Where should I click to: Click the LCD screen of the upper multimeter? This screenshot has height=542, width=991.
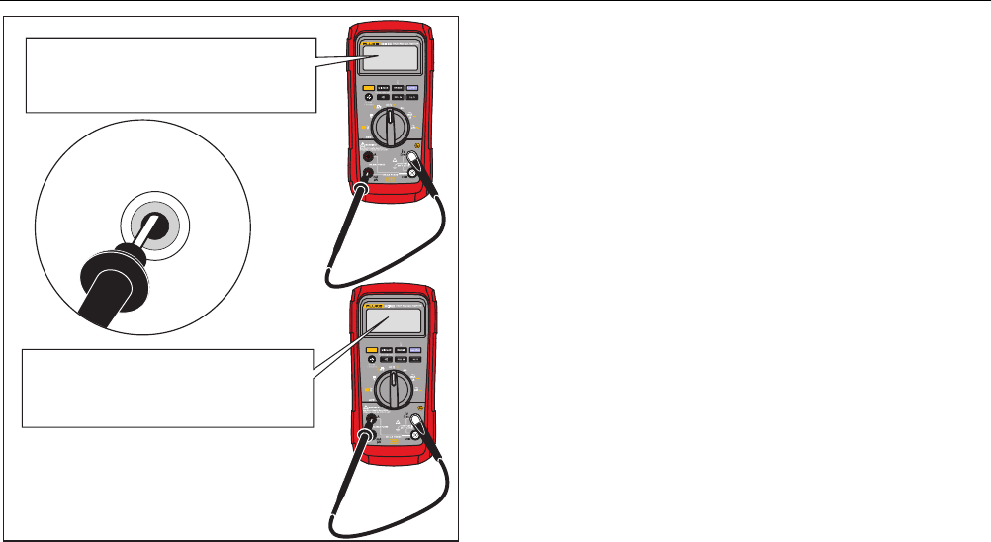[389, 60]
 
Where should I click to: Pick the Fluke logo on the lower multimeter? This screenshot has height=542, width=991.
[370, 302]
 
